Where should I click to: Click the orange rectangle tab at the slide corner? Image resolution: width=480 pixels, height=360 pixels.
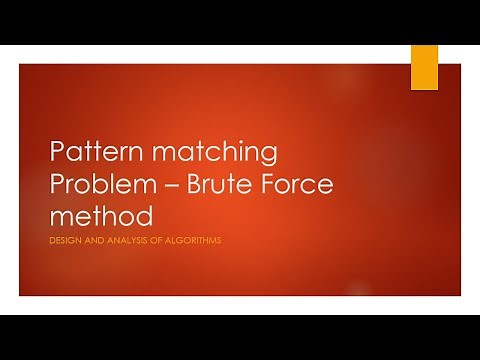coord(424,67)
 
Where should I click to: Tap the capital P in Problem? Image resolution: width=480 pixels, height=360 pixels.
coord(57,186)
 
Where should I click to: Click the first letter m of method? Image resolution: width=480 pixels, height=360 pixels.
coord(61,217)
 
